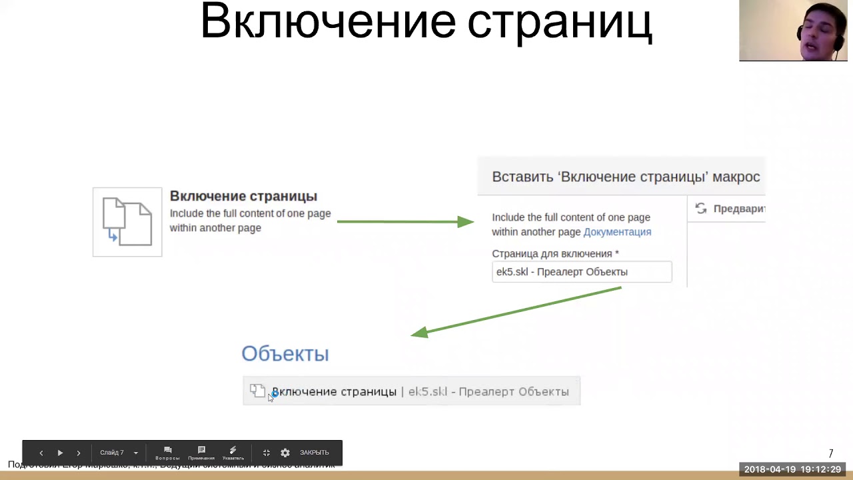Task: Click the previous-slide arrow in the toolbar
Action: tap(41, 453)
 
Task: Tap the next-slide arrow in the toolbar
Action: tap(79, 453)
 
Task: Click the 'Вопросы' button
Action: tap(168, 453)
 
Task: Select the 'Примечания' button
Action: tap(201, 453)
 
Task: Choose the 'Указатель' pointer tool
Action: tap(233, 453)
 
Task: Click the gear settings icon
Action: tap(285, 453)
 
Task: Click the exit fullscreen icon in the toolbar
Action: tap(266, 453)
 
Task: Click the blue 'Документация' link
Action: tap(617, 232)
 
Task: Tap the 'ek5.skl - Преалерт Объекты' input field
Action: tap(581, 272)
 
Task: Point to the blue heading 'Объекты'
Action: tap(285, 354)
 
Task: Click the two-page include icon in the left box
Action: tap(127, 221)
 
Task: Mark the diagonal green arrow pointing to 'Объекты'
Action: tap(516, 311)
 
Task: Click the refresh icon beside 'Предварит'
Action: tap(701, 209)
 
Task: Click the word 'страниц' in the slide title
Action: tap(559, 21)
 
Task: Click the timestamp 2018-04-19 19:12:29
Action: tap(792, 469)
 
